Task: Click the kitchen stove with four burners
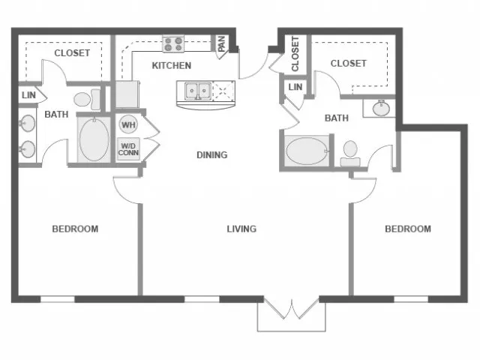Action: tap(173, 44)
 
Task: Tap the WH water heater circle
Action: tap(128, 124)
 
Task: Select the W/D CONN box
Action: tap(128, 149)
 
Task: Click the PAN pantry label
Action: tap(222, 43)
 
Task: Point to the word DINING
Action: tap(211, 155)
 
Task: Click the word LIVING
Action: tap(241, 229)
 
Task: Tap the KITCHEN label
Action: tap(172, 65)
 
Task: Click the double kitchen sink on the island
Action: tap(198, 91)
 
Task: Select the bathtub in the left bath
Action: tap(94, 139)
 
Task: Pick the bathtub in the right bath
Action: tap(307, 151)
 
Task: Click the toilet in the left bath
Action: tap(87, 99)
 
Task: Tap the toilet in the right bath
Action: tap(350, 154)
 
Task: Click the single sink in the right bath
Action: tap(381, 108)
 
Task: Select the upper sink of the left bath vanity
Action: tap(28, 123)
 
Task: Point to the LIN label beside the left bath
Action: tap(28, 95)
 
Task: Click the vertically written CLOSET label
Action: tap(295, 54)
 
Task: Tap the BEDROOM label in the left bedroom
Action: tap(75, 229)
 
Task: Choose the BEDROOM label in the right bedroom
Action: tap(408, 229)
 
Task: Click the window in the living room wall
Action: tap(202, 299)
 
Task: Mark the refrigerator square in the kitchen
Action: tap(127, 94)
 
